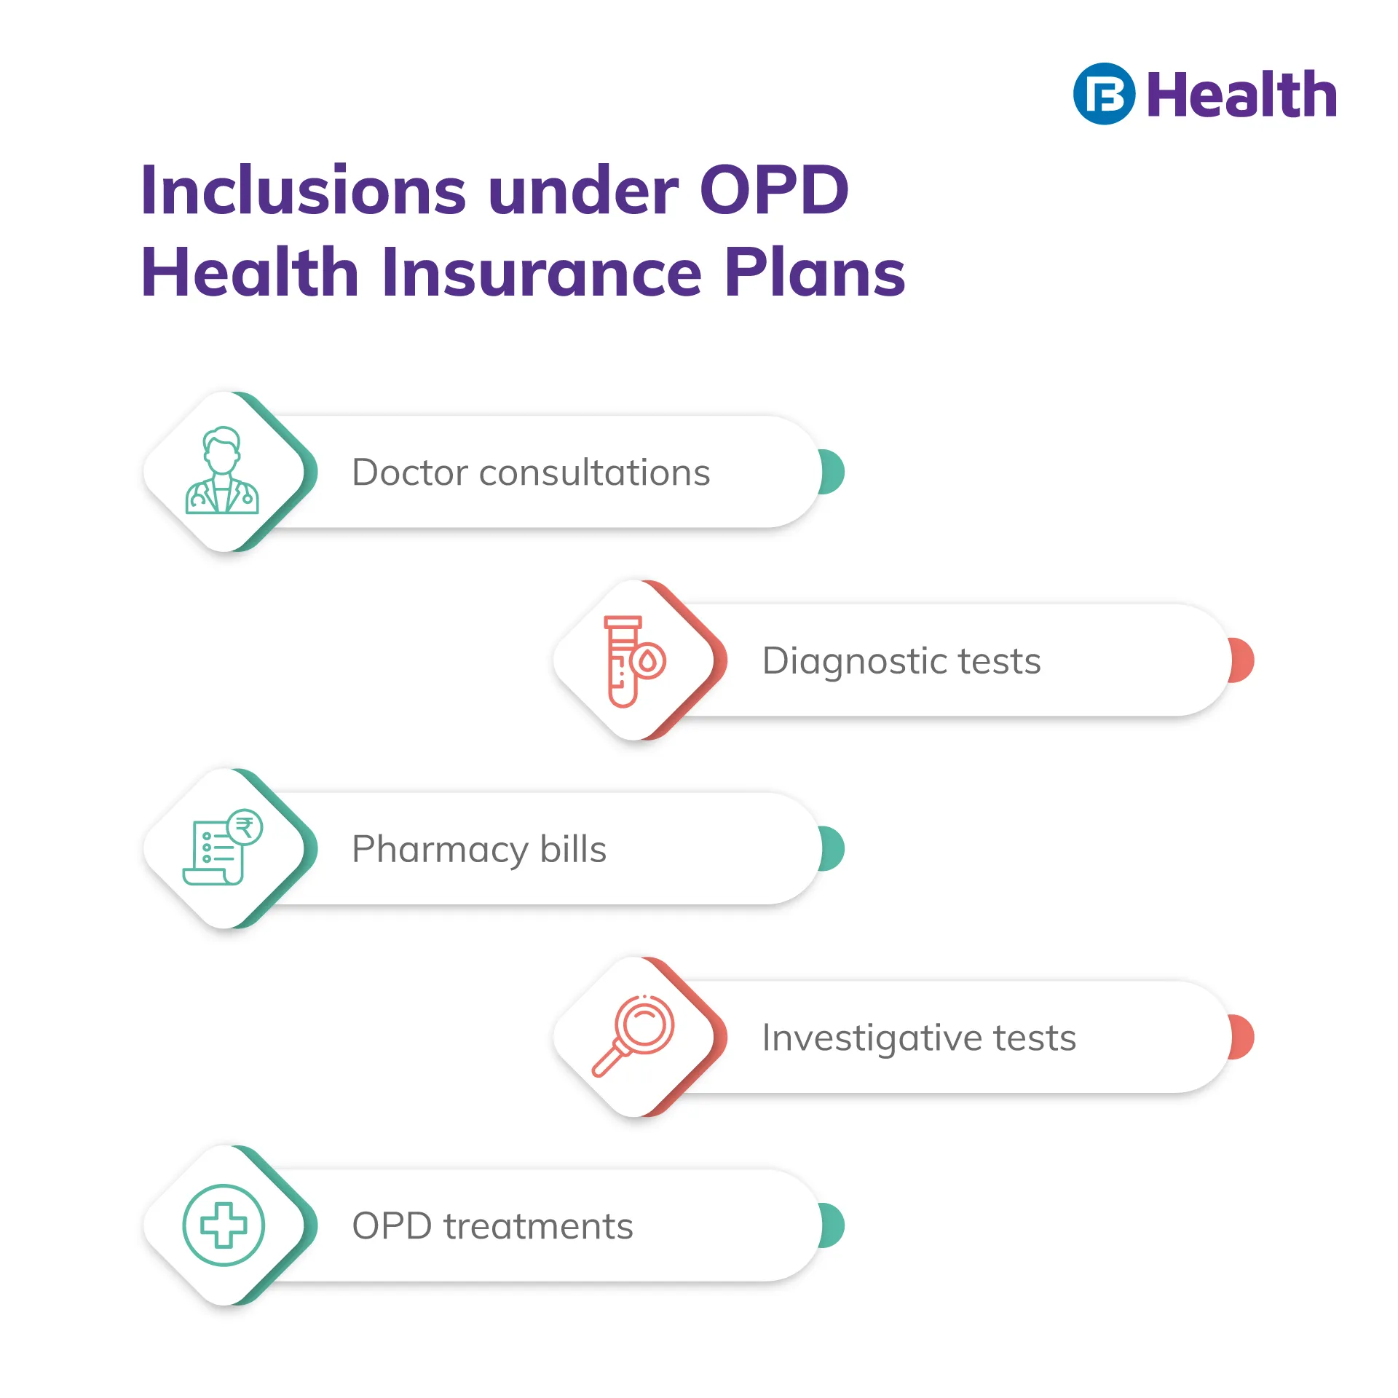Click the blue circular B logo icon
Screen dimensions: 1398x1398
1104,94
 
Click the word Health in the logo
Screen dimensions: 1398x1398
1242,95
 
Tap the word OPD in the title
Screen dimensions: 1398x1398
774,190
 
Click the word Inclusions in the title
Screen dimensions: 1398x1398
303,190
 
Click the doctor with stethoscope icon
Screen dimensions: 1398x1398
222,470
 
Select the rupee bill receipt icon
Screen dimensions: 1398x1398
222,847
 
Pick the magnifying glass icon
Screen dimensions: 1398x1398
633,1035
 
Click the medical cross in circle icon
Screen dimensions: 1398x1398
224,1225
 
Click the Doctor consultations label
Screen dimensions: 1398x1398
531,473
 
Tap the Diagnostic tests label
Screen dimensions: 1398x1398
901,662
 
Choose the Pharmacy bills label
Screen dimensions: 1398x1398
479,850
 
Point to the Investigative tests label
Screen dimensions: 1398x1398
919,1038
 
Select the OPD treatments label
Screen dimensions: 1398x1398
492,1226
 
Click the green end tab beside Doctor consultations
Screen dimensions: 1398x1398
832,472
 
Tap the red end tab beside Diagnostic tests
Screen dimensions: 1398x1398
1241,660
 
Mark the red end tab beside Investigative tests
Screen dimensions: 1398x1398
1241,1037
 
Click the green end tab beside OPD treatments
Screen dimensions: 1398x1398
832,1225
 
